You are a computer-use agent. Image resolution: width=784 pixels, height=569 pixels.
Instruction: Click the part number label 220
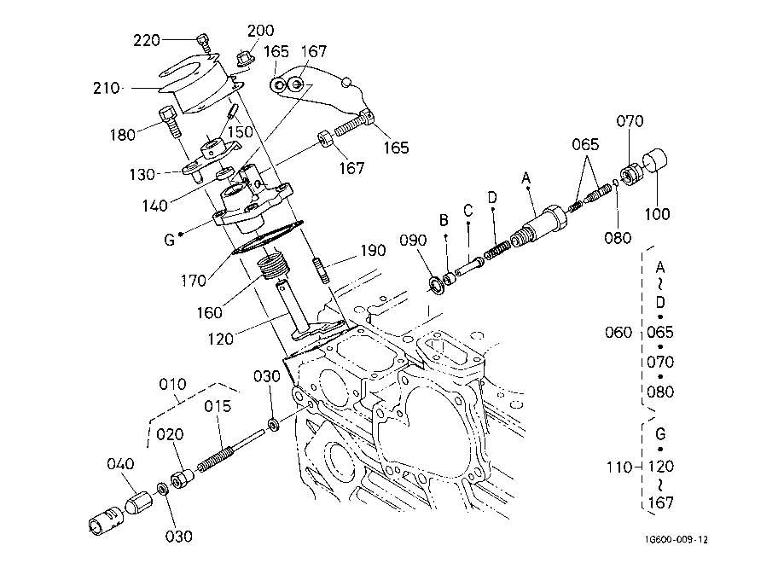click(147, 40)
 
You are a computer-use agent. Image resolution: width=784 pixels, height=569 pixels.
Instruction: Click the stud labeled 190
click(322, 270)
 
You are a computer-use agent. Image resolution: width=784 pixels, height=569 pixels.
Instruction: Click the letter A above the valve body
click(526, 177)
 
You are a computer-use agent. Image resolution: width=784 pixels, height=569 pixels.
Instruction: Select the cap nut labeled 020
click(182, 478)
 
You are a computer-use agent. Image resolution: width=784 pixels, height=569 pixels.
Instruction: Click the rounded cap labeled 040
click(138, 502)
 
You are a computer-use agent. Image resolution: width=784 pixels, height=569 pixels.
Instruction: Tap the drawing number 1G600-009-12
click(676, 539)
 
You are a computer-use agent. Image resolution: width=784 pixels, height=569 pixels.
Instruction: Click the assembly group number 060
click(618, 332)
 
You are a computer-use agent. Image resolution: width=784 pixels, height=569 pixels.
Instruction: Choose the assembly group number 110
click(619, 467)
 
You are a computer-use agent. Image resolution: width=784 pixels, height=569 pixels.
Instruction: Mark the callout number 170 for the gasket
click(194, 281)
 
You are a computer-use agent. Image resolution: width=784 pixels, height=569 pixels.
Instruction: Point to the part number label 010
click(172, 385)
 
